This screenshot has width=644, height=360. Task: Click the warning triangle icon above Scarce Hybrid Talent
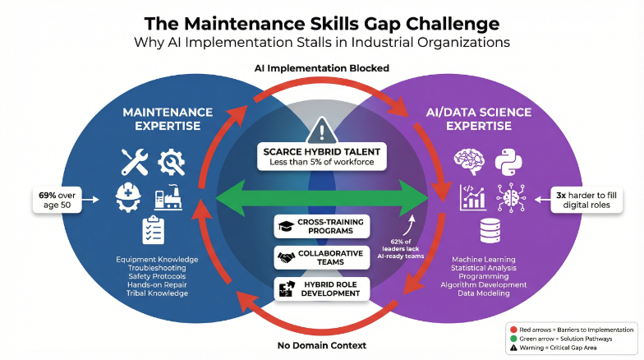point(321,131)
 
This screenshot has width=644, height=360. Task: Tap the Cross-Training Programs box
point(321,227)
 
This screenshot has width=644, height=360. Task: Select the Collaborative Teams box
point(321,257)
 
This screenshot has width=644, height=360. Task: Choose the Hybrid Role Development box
point(321,288)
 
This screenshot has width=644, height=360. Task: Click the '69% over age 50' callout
point(58,198)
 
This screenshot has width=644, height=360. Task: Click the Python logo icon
point(508,162)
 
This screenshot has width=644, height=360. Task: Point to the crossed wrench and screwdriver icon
point(133,161)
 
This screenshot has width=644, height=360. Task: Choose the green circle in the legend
point(513,338)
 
